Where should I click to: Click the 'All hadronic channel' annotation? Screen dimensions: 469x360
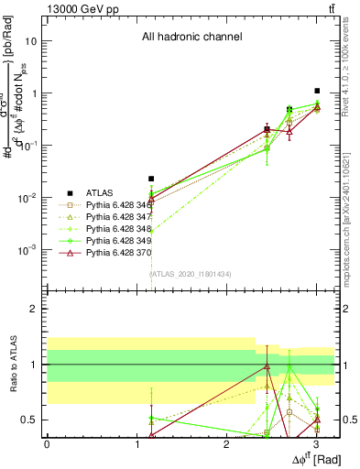pyautogui.click(x=191, y=38)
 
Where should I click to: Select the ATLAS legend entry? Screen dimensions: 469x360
pyautogui.click(x=100, y=193)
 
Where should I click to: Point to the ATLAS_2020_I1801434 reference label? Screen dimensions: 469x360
pyautogui.click(x=191, y=274)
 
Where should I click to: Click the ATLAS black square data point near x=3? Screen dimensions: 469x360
pyautogui.click(x=317, y=91)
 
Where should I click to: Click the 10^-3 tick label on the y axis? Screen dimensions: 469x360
pyautogui.click(x=29, y=250)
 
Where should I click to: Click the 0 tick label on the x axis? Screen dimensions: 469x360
pyautogui.click(x=47, y=443)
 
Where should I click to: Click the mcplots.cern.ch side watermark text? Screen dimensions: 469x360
pyautogui.click(x=351, y=212)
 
